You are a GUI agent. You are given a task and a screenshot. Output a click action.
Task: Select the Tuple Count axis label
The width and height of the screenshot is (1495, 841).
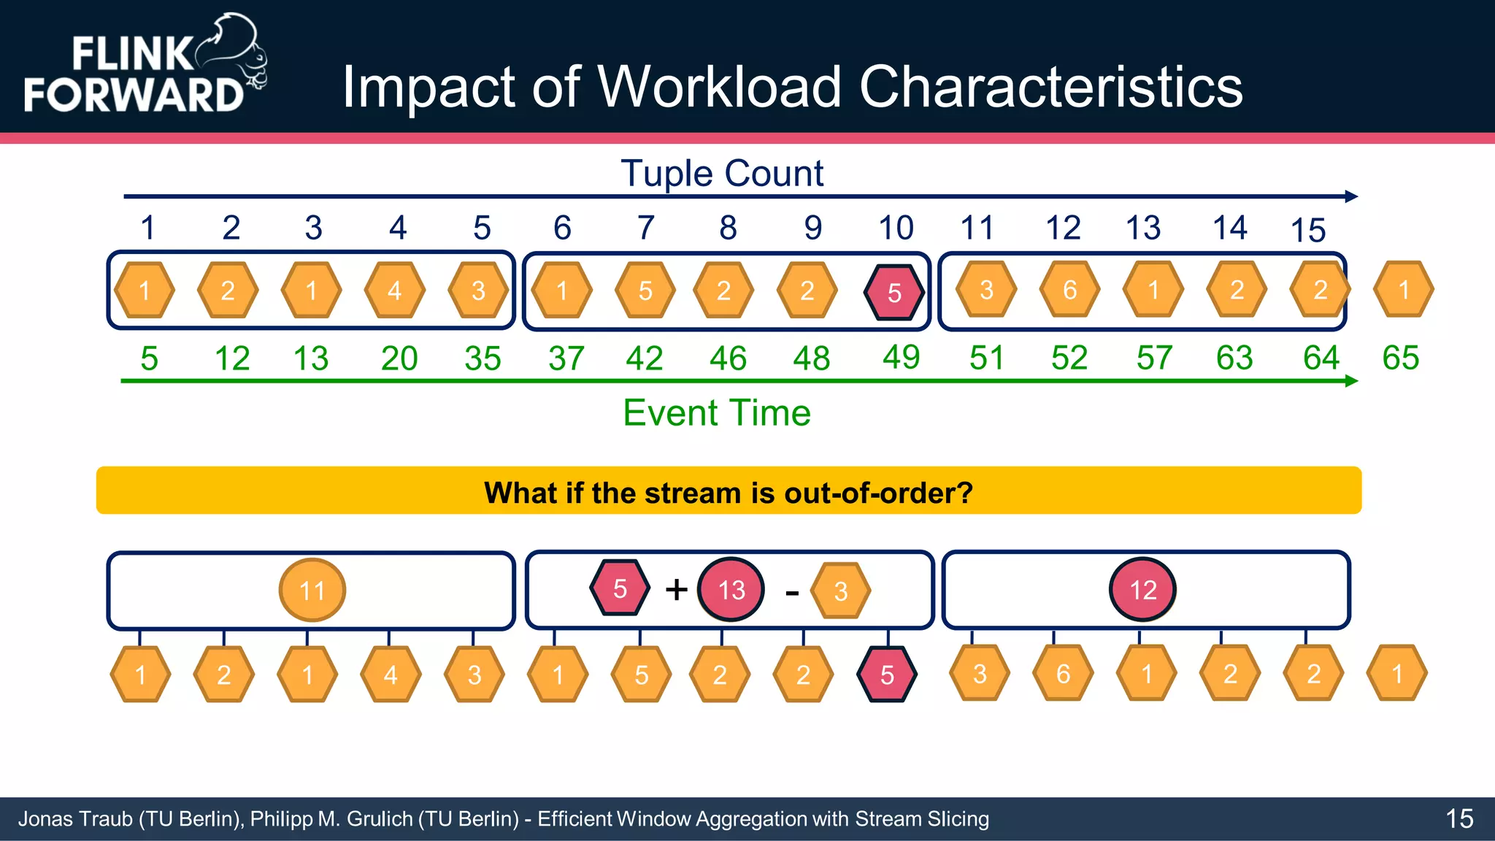click(x=721, y=174)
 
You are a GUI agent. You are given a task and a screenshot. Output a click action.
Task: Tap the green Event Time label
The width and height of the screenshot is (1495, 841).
click(x=716, y=412)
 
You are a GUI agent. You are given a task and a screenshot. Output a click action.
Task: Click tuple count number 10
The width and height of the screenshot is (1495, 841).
click(x=896, y=228)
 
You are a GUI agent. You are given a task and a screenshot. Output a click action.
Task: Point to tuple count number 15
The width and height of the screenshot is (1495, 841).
click(x=1307, y=231)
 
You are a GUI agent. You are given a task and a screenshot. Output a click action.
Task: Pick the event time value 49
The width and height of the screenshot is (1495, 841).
click(x=901, y=357)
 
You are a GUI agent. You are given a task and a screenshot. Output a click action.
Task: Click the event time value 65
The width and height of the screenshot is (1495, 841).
click(x=1400, y=358)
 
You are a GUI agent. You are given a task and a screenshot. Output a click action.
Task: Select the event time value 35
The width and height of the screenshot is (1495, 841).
click(x=483, y=358)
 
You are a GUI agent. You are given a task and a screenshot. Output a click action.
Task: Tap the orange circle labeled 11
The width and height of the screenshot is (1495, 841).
click(x=312, y=590)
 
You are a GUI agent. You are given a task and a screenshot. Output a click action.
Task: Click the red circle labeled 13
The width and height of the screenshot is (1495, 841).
click(x=731, y=589)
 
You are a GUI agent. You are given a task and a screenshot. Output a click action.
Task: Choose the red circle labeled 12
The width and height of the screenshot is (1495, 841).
click(x=1142, y=589)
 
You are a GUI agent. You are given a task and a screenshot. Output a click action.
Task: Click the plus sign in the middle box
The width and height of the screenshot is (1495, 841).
click(x=677, y=589)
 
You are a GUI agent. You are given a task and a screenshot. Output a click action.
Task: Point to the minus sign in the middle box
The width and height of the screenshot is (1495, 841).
click(x=792, y=593)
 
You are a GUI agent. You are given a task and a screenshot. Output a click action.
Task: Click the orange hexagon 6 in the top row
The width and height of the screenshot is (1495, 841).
click(x=1069, y=290)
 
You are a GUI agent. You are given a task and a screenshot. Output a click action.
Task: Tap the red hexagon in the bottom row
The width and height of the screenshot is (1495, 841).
click(x=887, y=675)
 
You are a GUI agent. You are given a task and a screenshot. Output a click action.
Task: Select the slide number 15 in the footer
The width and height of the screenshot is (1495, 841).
click(x=1459, y=818)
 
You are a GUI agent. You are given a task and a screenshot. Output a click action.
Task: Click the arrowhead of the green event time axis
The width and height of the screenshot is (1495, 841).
click(x=1351, y=380)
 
